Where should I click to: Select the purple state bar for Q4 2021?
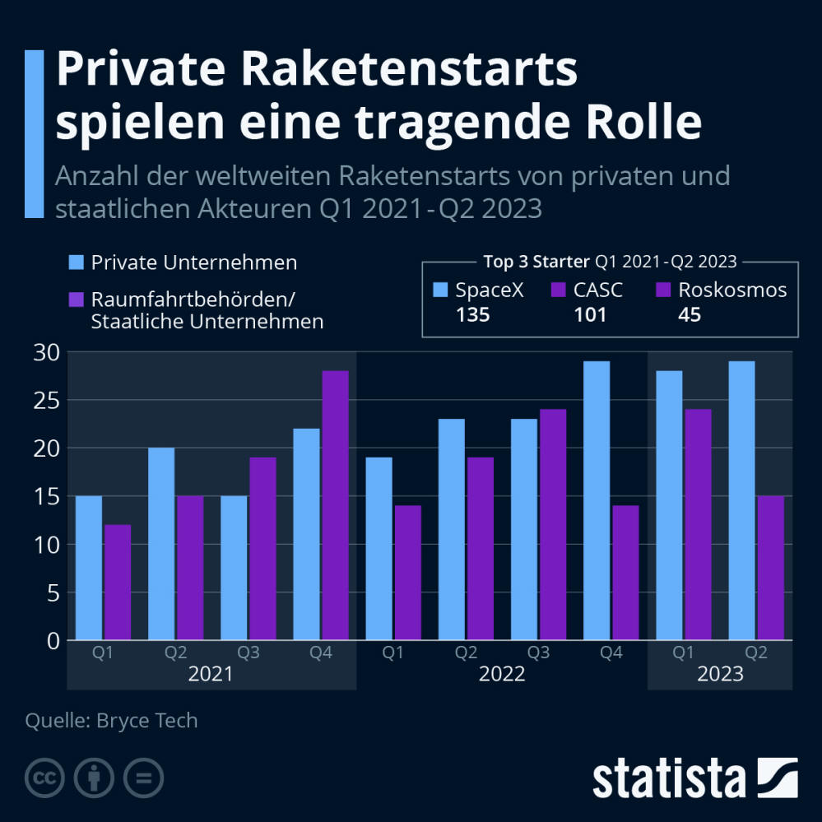pos(335,505)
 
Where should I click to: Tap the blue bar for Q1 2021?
pos(89,568)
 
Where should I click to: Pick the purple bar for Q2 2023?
pos(770,568)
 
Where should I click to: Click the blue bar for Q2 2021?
pos(161,543)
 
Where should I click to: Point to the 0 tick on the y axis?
pos(53,640)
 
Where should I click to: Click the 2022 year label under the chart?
pos(501,674)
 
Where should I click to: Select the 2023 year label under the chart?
pos(720,674)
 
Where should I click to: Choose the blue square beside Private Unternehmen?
pos(76,262)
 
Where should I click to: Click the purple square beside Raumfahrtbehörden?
pos(76,299)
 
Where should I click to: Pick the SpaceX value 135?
pos(472,314)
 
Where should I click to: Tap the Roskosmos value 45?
pos(690,314)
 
